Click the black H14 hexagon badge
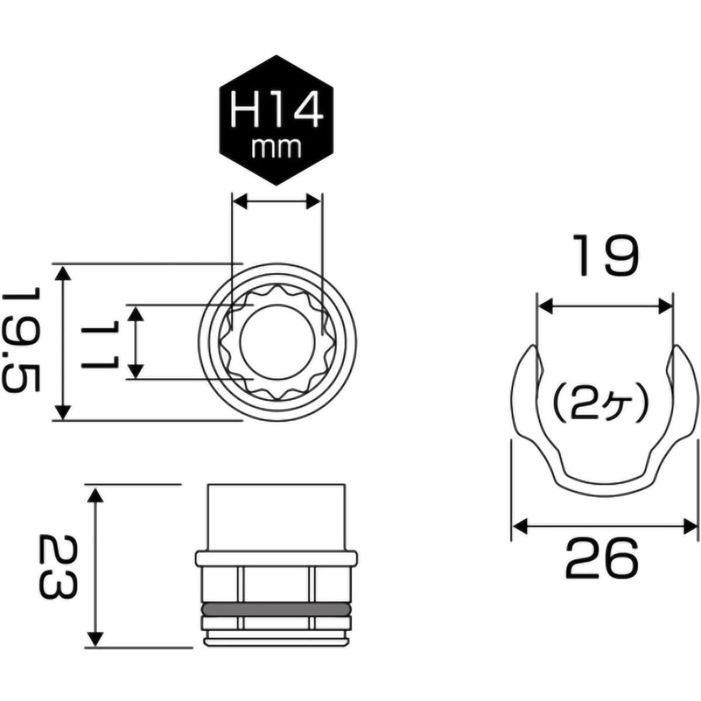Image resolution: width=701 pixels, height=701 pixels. [276, 120]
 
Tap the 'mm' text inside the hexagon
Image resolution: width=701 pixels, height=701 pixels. [276, 148]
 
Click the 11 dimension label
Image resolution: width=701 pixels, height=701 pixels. [100, 343]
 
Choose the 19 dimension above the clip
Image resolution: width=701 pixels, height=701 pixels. [605, 255]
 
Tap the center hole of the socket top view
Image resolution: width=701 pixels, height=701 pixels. [276, 342]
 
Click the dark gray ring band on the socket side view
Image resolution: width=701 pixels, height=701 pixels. [276, 609]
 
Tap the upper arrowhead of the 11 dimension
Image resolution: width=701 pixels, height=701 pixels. [136, 314]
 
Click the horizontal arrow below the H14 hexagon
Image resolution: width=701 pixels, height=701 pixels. [276, 202]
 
